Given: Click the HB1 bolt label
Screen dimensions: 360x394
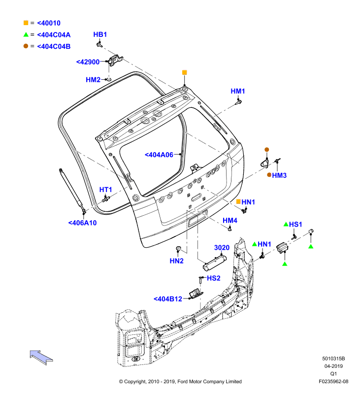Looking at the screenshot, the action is [100, 34].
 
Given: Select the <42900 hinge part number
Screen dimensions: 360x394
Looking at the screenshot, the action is [88, 62].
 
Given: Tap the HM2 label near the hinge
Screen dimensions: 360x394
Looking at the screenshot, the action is [93, 80].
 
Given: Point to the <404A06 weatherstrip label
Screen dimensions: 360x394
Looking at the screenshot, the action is [159, 155].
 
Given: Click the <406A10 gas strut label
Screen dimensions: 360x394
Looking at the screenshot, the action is [82, 223].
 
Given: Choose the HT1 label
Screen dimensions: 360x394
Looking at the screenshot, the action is [105, 190].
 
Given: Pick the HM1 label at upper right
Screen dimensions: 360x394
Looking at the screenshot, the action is [238, 91].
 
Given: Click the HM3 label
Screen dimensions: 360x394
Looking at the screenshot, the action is [279, 175].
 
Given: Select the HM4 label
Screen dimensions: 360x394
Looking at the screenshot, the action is [230, 220].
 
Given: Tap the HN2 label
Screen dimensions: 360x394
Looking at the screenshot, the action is [177, 261].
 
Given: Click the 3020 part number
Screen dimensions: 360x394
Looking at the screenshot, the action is [222, 248].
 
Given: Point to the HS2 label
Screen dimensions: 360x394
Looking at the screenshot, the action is [214, 278].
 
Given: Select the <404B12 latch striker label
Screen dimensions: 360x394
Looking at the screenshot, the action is [168, 299].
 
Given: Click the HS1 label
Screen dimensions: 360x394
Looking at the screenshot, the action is [295, 225].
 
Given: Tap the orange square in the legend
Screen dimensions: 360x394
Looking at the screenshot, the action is [26, 23].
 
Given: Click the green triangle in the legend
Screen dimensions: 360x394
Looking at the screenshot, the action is [26, 34].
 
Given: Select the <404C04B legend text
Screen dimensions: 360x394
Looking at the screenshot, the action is [54, 46].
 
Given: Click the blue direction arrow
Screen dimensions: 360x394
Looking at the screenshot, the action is [41, 357].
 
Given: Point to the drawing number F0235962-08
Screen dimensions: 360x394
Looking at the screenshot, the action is [333, 381].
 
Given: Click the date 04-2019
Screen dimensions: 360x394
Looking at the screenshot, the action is [333, 366].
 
